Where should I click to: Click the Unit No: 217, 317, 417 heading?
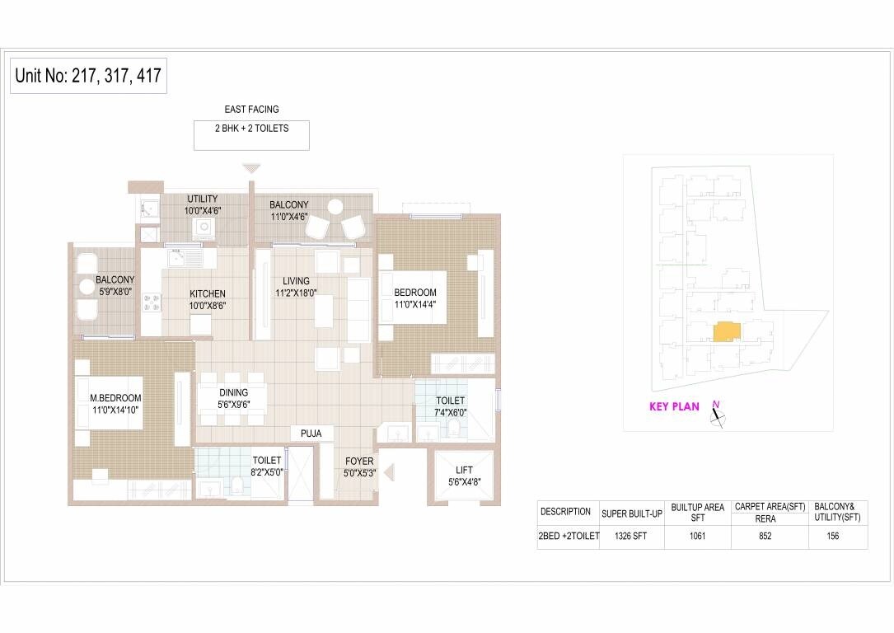(x=88, y=77)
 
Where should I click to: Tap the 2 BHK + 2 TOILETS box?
(x=251, y=135)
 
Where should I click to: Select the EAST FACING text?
(x=251, y=109)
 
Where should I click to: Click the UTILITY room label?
(x=202, y=199)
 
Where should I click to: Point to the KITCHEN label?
(x=207, y=293)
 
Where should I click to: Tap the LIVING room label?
(x=296, y=281)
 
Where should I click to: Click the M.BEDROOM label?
(x=115, y=398)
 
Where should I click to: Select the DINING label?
(x=234, y=393)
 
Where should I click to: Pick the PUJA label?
(x=311, y=433)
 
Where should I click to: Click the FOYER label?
(x=359, y=462)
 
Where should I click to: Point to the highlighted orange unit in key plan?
(x=726, y=331)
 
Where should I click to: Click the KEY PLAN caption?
(x=674, y=406)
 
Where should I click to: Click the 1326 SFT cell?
(x=632, y=536)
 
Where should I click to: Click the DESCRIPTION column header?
(x=565, y=512)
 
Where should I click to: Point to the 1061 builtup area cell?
(x=697, y=536)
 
